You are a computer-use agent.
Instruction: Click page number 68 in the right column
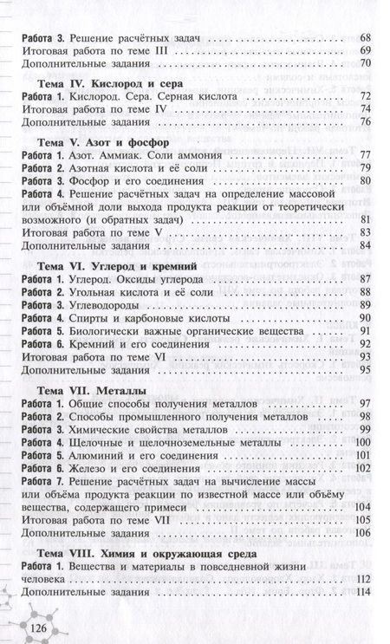(364, 38)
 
